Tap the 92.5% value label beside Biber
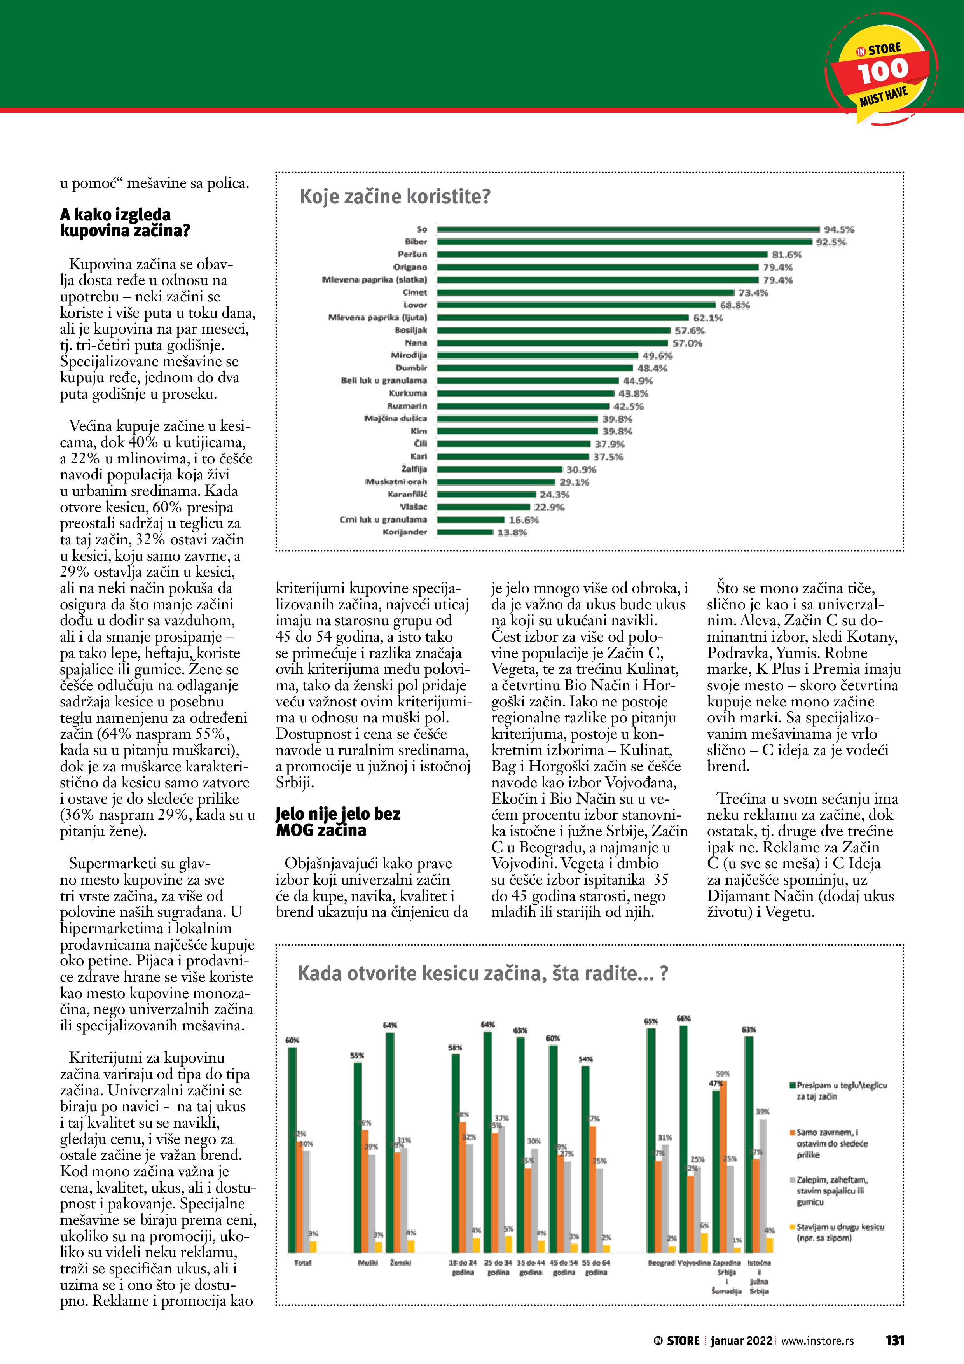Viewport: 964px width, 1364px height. (831, 242)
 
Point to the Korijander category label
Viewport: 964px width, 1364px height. (405, 532)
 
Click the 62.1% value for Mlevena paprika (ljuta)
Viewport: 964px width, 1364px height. (708, 318)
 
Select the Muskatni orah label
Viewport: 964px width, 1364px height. (396, 482)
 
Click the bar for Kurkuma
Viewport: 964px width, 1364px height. (526, 393)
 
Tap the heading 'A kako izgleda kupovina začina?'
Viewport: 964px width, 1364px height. (125, 222)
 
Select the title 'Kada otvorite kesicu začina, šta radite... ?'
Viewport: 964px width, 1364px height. (482, 974)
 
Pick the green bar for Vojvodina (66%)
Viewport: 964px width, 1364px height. (684, 1138)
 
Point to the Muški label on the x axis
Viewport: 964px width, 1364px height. (368, 1263)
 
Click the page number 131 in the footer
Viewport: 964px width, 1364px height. (894, 1341)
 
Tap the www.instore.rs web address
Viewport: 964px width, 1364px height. (817, 1341)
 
